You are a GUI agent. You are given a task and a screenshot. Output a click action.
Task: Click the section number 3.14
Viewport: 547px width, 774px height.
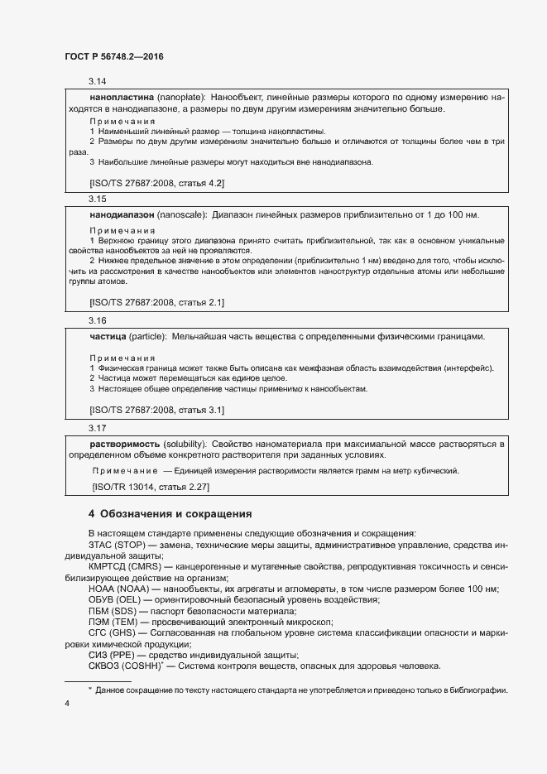[98, 82]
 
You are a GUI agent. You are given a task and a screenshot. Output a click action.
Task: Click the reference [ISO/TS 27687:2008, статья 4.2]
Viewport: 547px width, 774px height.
[156, 182]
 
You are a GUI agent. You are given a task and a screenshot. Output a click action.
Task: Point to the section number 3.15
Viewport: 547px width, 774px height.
[98, 200]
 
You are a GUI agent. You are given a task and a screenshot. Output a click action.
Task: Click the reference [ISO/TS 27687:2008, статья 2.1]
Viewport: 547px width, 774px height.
[156, 303]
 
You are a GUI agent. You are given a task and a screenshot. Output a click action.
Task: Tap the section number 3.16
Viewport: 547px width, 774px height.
[98, 320]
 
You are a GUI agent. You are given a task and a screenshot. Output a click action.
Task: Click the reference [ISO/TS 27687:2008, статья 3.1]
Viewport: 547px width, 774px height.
[156, 410]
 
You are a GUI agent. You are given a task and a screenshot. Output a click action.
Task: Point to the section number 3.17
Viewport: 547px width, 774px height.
[98, 428]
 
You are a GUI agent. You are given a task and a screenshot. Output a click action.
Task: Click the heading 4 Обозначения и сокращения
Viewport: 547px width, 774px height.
[170, 513]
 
